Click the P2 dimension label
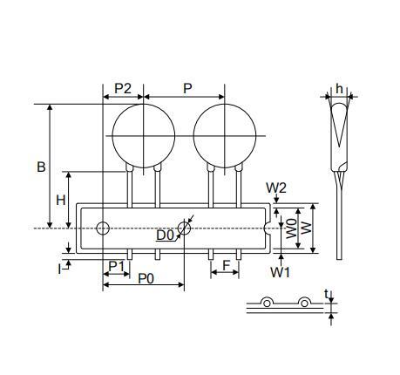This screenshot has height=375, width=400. click(x=123, y=88)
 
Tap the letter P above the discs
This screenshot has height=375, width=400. click(x=187, y=88)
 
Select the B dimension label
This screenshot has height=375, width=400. click(x=41, y=167)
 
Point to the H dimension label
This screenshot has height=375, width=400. click(x=61, y=200)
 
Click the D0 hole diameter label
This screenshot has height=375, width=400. click(x=165, y=235)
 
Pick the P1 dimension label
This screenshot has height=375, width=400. click(x=116, y=266)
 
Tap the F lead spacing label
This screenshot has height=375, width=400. click(x=226, y=265)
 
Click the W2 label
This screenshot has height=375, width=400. click(x=276, y=188)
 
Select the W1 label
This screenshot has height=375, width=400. click(x=280, y=272)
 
